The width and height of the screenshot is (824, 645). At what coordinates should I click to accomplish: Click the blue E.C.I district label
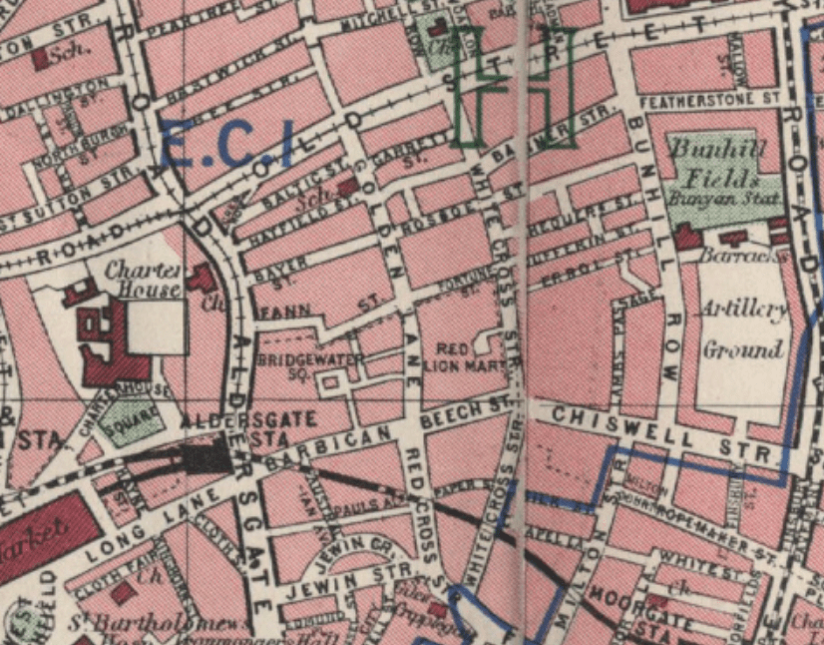tap(226, 143)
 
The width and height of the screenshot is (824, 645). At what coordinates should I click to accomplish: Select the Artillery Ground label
tap(743, 329)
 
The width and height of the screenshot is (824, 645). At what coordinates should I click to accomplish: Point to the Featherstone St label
tap(708, 100)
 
